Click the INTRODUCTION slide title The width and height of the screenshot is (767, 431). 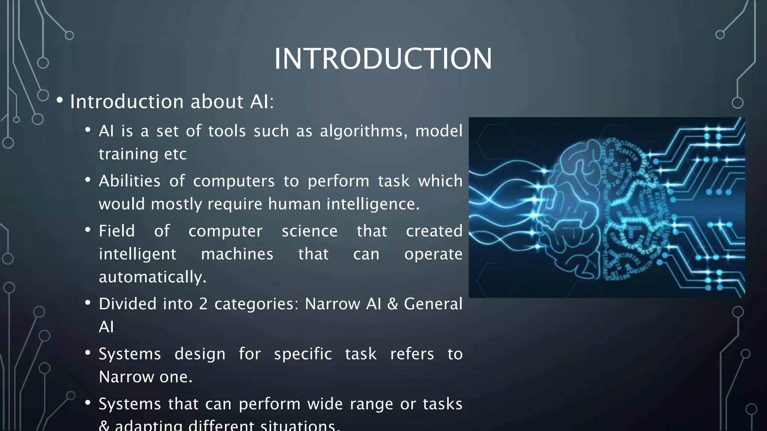[x=383, y=59]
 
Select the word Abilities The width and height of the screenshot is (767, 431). [x=130, y=181]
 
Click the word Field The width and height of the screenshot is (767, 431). [x=116, y=231]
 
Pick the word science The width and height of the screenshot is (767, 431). [x=309, y=231]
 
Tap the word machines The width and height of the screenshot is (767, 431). [x=237, y=254]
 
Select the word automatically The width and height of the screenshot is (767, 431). [x=152, y=277]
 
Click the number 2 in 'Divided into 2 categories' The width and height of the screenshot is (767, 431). [x=203, y=304]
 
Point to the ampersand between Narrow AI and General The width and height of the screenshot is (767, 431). [x=392, y=304]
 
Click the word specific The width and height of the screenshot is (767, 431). [x=303, y=354]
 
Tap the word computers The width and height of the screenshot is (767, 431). [x=234, y=181]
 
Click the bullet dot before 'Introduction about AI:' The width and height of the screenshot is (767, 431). [x=60, y=101]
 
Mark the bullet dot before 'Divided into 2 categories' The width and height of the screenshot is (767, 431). [x=88, y=303]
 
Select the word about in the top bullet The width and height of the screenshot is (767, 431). [x=217, y=102]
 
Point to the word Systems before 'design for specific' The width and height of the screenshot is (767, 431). [x=130, y=354]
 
